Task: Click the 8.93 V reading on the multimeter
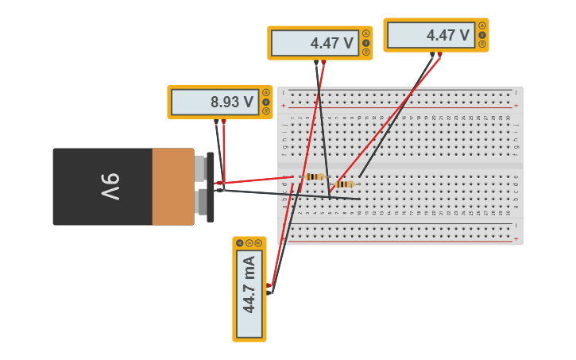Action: [x=231, y=102]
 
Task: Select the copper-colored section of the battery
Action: [x=172, y=187]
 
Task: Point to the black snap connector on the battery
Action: [x=210, y=187]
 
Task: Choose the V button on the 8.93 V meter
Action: [x=265, y=102]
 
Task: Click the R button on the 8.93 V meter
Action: [x=265, y=110]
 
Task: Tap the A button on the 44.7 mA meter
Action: [x=240, y=242]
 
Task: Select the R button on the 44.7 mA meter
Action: [x=258, y=242]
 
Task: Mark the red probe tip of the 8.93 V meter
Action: [x=223, y=122]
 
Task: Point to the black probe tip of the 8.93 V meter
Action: [x=216, y=122]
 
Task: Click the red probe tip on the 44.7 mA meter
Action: [x=269, y=285]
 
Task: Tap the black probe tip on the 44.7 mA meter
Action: [x=269, y=292]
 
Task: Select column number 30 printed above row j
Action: [x=508, y=118]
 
